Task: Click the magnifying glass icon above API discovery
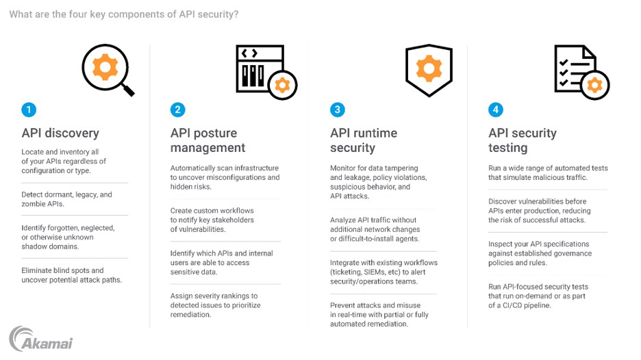pyautogui.click(x=108, y=70)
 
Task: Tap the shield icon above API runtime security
pyautogui.click(x=429, y=70)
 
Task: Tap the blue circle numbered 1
pyautogui.click(x=28, y=110)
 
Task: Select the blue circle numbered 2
pyautogui.click(x=177, y=110)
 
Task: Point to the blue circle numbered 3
pyautogui.click(x=337, y=110)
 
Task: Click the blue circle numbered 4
pyautogui.click(x=495, y=110)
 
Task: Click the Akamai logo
pyautogui.click(x=41, y=339)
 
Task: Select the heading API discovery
pyautogui.click(x=60, y=133)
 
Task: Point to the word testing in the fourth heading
pyautogui.click(x=508, y=148)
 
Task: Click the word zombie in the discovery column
pyautogui.click(x=34, y=204)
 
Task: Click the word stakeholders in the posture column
pyautogui.click(x=231, y=220)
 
